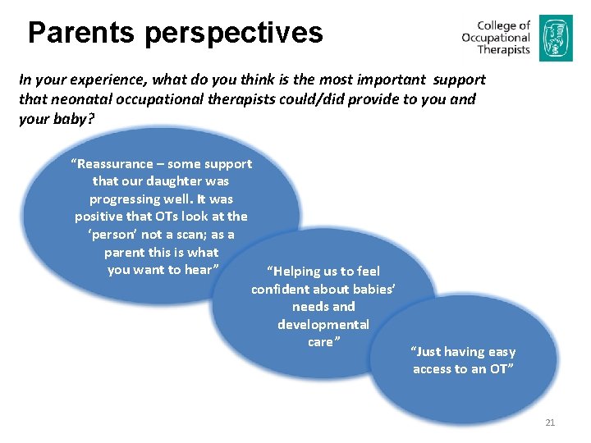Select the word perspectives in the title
[235, 33]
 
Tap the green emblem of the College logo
[550, 38]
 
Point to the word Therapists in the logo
[503, 50]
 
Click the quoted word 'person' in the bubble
[114, 235]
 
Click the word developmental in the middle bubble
[323, 324]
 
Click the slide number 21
[550, 422]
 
